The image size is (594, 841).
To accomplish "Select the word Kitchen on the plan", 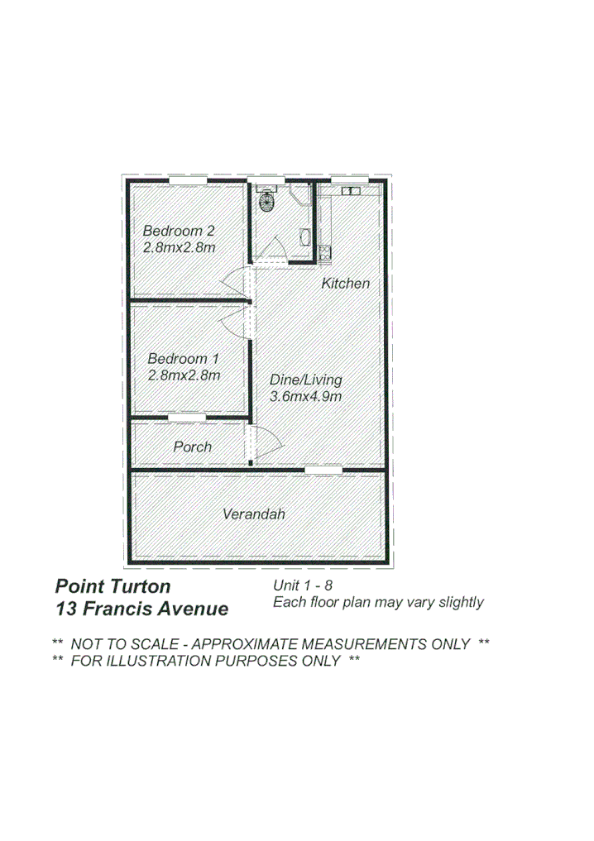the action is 346,284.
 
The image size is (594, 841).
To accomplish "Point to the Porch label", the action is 193,447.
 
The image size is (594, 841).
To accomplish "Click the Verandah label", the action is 254,514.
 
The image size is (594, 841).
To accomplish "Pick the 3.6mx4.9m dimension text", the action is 306,397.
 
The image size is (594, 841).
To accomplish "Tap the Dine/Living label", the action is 306,380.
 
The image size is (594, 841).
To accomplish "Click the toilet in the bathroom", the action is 267,200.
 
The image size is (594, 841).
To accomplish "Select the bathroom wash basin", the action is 305,237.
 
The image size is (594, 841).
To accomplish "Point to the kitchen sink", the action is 351,191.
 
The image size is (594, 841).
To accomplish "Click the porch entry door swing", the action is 266,443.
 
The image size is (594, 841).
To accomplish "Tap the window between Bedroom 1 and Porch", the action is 187,417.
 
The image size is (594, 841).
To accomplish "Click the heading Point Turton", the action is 113,587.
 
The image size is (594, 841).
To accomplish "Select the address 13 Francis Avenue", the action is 141,610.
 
